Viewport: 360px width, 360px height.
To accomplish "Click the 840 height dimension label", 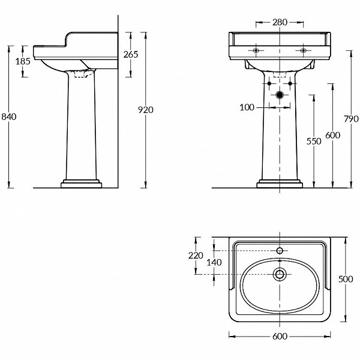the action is tap(9, 117).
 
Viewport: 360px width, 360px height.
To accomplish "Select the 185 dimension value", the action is tap(23, 61).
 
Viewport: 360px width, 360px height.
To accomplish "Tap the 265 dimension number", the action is tap(131, 55).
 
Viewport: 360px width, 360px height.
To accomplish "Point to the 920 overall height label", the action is tap(146, 110).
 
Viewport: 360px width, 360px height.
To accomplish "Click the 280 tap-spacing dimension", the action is tap(280, 22).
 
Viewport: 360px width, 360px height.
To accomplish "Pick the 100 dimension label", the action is tap(247, 107).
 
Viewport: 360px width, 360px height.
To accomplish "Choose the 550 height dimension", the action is tap(314, 141).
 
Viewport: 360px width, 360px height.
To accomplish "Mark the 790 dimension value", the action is tap(351, 119).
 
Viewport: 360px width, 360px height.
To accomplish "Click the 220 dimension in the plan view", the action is tap(196, 256).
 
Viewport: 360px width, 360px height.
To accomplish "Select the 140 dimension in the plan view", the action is tap(214, 262).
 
